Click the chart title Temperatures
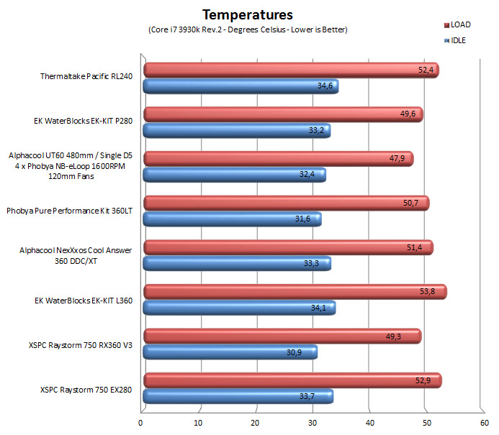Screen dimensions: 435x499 [x=247, y=14]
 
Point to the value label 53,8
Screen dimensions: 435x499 [x=430, y=292]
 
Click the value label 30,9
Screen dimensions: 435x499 [x=301, y=353]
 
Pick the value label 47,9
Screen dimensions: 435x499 [x=397, y=160]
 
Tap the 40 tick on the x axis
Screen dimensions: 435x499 [x=369, y=423]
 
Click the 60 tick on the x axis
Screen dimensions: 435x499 [x=483, y=423]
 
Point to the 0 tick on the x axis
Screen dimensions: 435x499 [x=141, y=423]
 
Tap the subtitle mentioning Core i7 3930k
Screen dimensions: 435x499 [x=247, y=29]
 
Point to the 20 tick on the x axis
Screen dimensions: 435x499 [x=256, y=423]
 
